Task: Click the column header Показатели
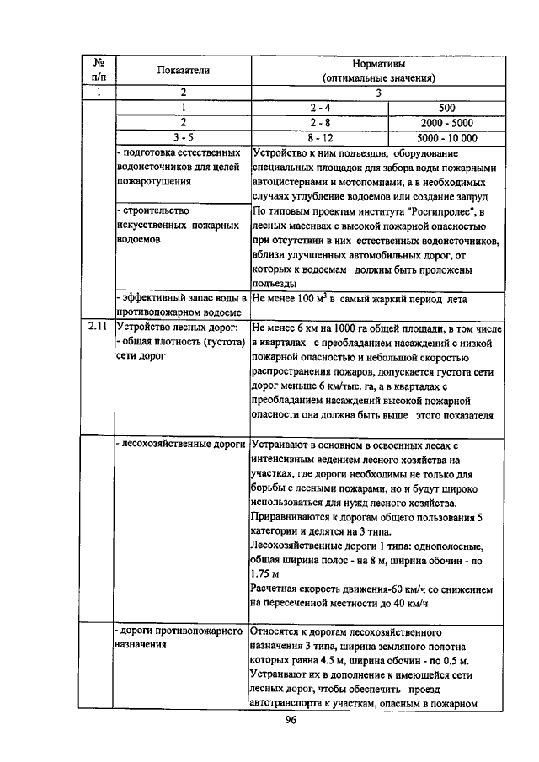(x=181, y=71)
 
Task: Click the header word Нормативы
(x=378, y=63)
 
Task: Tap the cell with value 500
(x=446, y=108)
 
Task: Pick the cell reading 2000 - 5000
(x=446, y=123)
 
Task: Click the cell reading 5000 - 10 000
(x=446, y=138)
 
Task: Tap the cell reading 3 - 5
(x=181, y=138)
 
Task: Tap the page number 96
(x=291, y=720)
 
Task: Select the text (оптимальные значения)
(x=378, y=78)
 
